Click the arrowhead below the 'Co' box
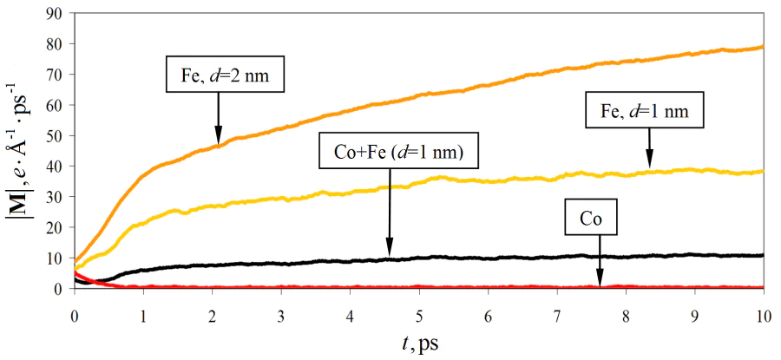click(x=599, y=279)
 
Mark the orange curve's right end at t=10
click(x=762, y=47)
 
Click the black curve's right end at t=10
click(x=762, y=255)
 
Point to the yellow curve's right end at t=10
click(x=762, y=172)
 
